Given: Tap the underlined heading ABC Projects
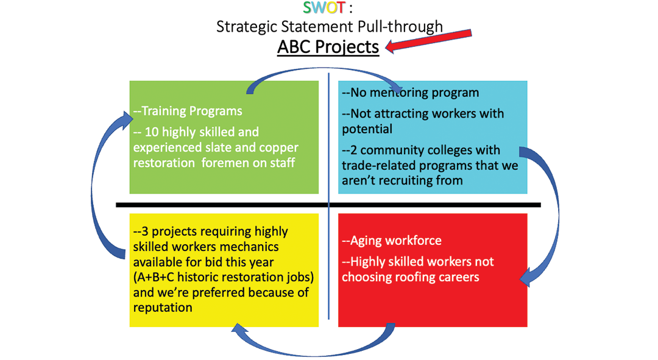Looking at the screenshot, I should [328, 46].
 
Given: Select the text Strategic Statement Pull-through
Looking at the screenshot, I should [329, 26].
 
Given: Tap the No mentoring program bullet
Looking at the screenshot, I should [410, 93].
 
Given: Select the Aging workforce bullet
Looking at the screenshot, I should [391, 241].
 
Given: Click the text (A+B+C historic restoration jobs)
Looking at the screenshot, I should [224, 277].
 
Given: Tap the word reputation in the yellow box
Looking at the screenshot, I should [163, 307].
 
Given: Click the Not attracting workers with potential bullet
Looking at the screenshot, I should [422, 121].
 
